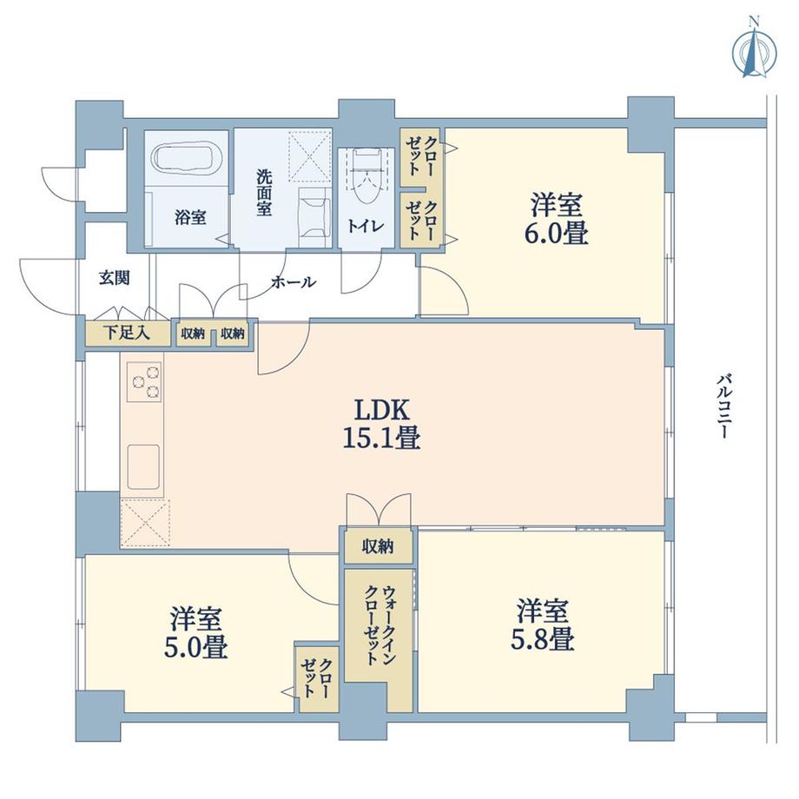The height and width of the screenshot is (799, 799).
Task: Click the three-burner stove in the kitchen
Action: tap(144, 381)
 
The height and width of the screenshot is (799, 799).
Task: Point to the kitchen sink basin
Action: tap(143, 466)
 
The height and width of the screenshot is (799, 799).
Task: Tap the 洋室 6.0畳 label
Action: tap(558, 219)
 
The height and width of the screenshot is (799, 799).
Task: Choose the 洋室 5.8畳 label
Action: tap(545, 624)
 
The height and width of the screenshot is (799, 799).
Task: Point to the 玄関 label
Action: tap(114, 278)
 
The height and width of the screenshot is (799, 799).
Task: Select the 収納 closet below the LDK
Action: tap(377, 546)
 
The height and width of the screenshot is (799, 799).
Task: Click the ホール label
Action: tap(293, 282)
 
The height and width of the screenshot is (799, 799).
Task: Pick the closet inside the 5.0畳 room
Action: tap(317, 678)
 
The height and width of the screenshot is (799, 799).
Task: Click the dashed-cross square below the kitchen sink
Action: tap(143, 523)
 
